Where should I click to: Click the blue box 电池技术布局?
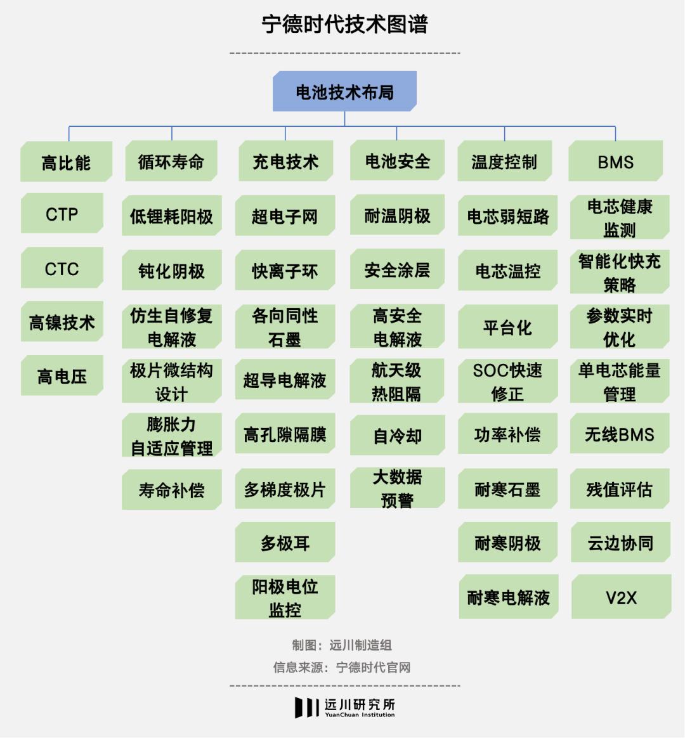[x=344, y=91]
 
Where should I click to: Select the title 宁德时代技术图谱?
[x=344, y=24]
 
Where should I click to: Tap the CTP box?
[x=62, y=213]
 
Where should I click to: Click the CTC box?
[x=62, y=268]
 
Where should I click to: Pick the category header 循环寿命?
[x=171, y=161]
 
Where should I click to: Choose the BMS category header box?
[x=616, y=161]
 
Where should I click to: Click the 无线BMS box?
[x=620, y=434]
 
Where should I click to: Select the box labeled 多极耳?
[x=285, y=542]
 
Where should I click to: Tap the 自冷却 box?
[x=397, y=436]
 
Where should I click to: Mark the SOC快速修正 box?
[x=507, y=381]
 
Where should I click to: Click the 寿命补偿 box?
[x=172, y=489]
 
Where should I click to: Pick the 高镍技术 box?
[x=62, y=322]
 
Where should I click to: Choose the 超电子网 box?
[x=285, y=216]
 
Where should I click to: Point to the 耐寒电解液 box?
[x=509, y=597]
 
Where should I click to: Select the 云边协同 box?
[x=620, y=542]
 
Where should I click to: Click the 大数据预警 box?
[x=397, y=488]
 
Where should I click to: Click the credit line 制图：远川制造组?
[x=342, y=645]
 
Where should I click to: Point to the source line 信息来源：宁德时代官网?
[x=342, y=667]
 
